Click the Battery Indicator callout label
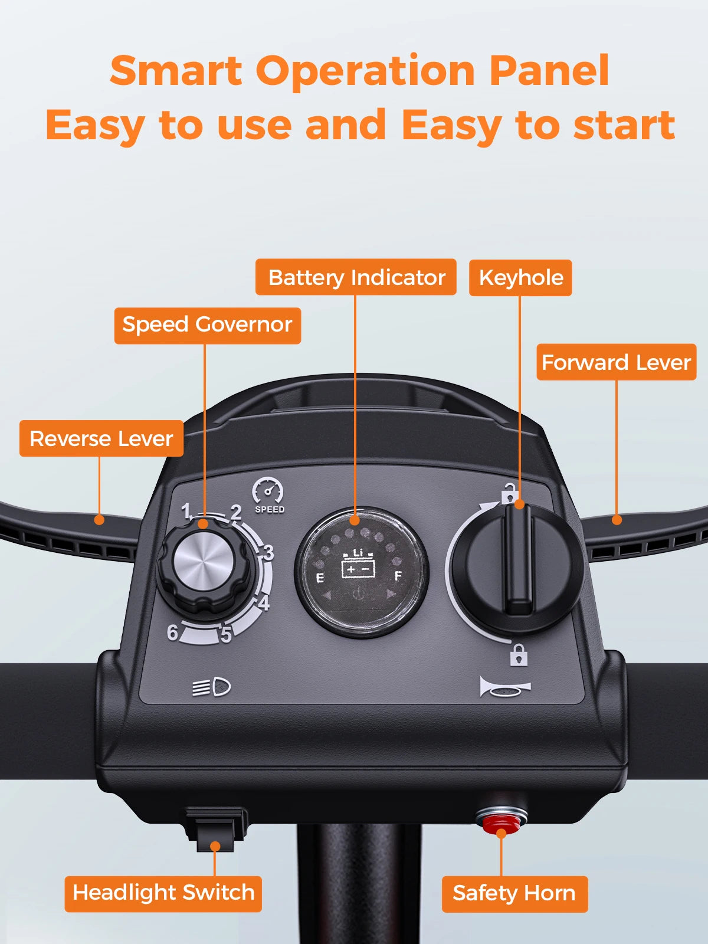[x=356, y=277]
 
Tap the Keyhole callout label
[x=520, y=277]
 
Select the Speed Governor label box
[x=207, y=325]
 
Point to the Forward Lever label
[x=616, y=362]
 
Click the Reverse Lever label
[x=101, y=438]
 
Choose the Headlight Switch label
[x=163, y=893]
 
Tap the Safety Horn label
[x=514, y=894]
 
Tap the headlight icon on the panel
[x=212, y=687]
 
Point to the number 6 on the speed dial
[x=172, y=632]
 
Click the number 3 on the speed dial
[x=268, y=553]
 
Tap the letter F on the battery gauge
[x=398, y=575]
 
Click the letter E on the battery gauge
[x=320, y=577]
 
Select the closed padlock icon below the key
[x=519, y=654]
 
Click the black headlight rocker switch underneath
[x=216, y=829]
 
